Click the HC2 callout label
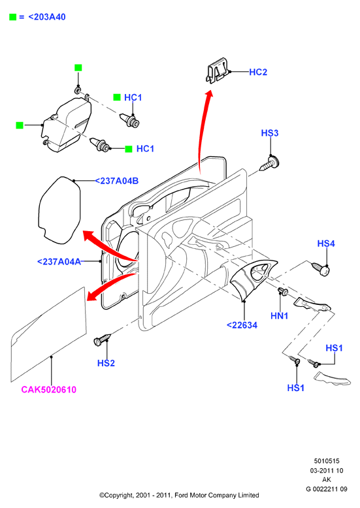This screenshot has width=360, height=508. pos(258,72)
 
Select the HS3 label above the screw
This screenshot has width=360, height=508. pos(270,133)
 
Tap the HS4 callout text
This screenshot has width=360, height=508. pos(326,244)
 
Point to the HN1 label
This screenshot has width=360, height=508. pos(279,315)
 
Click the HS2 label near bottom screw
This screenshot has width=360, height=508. pos(106,363)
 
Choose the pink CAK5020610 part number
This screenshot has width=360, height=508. pos(48,389)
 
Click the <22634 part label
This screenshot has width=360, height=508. pos(242,325)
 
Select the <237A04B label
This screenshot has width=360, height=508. pos(116,181)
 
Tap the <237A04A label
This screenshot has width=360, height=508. pos(59,261)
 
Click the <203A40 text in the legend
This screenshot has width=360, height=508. pos(47,17)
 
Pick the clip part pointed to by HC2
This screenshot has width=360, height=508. pos(218,71)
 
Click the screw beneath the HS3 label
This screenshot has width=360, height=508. pos(270,164)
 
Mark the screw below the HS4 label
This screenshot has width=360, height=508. pos(321,270)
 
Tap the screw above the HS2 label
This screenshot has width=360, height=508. pos(102,340)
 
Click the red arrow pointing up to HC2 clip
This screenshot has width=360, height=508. pos(203,129)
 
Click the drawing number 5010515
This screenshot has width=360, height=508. pos(326,461)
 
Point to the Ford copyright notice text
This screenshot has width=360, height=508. pos(179,496)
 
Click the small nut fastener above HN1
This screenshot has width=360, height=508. pos(283,291)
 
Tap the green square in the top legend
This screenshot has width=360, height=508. pos(12,17)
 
